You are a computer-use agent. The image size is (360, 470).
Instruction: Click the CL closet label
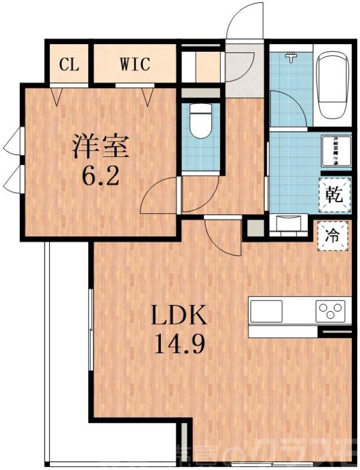point(70,64)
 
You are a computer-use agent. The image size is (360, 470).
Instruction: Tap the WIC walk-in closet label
point(135,63)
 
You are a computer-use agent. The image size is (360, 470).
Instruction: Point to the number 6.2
point(100,174)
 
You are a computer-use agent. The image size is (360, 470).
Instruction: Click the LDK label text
point(179,317)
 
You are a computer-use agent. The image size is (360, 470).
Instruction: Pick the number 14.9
point(179,344)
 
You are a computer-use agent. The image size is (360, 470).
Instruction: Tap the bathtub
point(333,85)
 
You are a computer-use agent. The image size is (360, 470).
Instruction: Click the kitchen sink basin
point(268,310)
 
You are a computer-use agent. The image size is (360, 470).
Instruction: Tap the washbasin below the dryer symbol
point(290,223)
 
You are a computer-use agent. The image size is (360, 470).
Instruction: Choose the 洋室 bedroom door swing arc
point(160,197)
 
